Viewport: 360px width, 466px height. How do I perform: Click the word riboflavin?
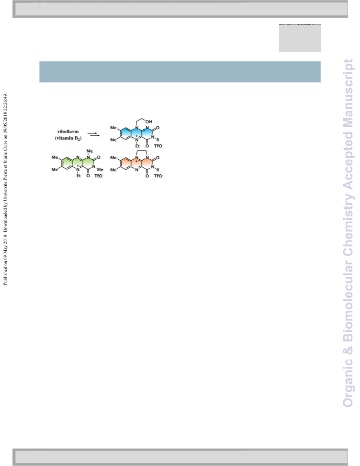68,132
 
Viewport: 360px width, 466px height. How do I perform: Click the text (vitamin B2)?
68,138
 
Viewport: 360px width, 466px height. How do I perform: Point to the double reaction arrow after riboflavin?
94,135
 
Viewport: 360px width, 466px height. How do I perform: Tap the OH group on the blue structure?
149,121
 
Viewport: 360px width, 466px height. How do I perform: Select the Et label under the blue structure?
137,146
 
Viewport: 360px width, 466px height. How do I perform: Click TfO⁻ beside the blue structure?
159,146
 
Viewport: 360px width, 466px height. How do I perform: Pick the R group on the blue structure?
158,140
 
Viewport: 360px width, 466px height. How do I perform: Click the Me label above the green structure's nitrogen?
90,151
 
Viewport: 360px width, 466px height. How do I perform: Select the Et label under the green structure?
79,176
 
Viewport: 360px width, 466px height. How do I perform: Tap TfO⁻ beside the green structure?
99,176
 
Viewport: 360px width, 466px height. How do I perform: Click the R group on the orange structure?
158,170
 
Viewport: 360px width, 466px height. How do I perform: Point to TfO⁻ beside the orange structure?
159,176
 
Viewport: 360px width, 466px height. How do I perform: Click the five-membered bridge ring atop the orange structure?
142,151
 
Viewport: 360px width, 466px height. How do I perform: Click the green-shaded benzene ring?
67,163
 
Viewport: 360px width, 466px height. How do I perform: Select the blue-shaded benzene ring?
126,134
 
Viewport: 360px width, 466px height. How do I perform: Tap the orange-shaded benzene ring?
126,164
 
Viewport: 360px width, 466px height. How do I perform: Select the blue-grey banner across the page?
180,71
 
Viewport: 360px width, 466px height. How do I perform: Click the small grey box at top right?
300,38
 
